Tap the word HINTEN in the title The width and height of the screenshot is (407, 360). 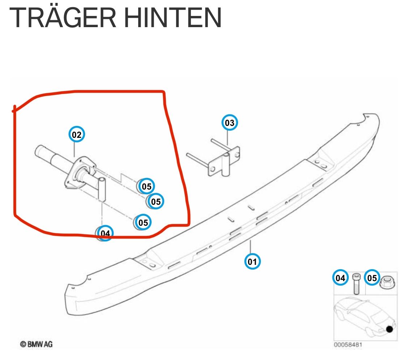coord(173,17)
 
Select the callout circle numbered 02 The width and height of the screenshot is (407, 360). coord(77,135)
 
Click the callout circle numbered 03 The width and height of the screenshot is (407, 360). coord(230,123)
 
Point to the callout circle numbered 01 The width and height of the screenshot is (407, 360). coord(252,261)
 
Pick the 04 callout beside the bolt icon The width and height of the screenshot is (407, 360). coord(340,278)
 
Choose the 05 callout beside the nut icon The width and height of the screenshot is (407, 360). coord(372,278)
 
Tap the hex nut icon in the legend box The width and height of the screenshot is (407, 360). coord(387,282)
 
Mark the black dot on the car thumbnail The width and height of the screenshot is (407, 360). coord(389,329)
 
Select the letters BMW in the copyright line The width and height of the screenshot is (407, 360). coord(35,344)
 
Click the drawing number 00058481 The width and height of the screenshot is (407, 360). coord(348,345)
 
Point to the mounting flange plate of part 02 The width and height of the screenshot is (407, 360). coord(77,172)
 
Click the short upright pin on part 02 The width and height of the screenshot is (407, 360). coord(102,189)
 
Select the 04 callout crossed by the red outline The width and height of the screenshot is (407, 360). coord(105,233)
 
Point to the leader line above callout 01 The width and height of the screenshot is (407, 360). coord(250,247)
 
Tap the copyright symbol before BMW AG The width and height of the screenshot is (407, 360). coord(23,344)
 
